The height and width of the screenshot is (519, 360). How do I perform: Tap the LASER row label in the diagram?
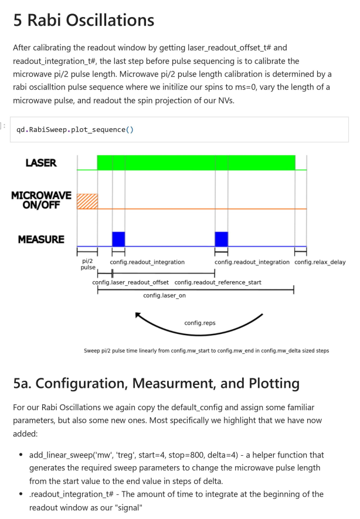coord(41,163)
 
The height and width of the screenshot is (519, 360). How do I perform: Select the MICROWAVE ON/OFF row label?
coord(41,199)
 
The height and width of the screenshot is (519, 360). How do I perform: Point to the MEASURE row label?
coord(41,240)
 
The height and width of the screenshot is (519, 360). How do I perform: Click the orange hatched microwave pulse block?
coord(87,200)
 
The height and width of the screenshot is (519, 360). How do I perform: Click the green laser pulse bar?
coord(196,162)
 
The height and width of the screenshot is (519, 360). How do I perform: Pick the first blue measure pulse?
coord(118,239)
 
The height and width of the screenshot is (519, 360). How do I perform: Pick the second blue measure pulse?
coord(221,239)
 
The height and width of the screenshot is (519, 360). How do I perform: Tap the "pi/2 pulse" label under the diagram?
coord(87,265)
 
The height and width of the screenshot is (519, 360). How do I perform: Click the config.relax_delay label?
coord(320,262)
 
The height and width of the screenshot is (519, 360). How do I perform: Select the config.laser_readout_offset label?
coord(130,282)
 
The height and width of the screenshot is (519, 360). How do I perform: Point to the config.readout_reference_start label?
coord(218,282)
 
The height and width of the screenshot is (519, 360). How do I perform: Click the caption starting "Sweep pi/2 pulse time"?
coord(206,351)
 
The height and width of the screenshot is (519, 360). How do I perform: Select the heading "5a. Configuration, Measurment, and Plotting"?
coord(156,384)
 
